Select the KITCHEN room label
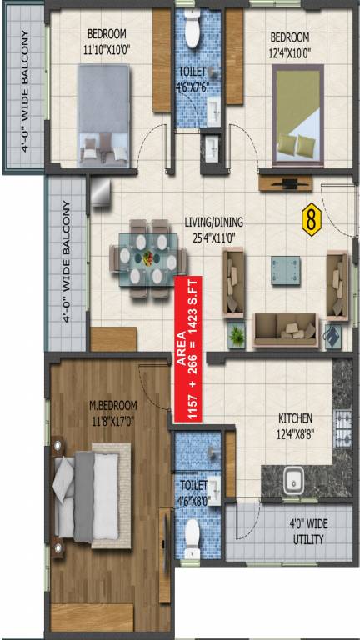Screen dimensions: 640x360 295,424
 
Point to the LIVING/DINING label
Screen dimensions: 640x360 215,230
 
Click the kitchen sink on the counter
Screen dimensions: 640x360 293,480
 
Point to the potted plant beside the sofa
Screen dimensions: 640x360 237,337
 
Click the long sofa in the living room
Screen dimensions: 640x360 285,328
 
